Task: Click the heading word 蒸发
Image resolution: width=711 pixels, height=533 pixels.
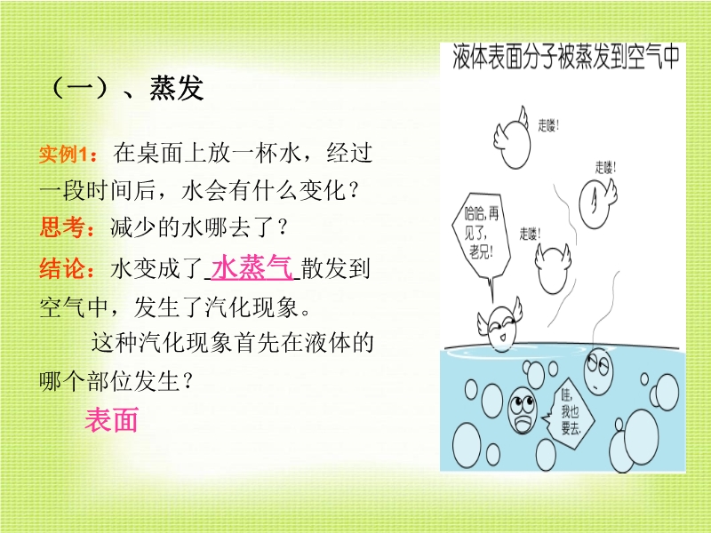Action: tap(176, 88)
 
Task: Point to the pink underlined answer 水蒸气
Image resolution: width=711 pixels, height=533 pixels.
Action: tap(252, 266)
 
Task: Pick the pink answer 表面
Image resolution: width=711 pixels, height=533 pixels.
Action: tap(112, 419)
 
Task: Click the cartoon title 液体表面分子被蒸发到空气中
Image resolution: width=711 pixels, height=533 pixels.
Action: tap(566, 57)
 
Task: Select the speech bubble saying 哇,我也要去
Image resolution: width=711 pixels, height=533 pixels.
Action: tap(570, 412)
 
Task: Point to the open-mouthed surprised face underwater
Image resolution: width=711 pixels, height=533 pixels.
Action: tap(523, 410)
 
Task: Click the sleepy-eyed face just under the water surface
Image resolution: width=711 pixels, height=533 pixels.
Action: tap(598, 370)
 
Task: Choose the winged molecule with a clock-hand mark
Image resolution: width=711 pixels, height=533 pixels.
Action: tap(597, 203)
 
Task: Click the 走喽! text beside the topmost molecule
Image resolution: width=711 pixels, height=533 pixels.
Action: tap(548, 124)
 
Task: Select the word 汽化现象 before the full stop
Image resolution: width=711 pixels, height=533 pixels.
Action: tap(252, 307)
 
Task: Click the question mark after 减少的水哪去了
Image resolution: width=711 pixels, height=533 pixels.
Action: tap(284, 227)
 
